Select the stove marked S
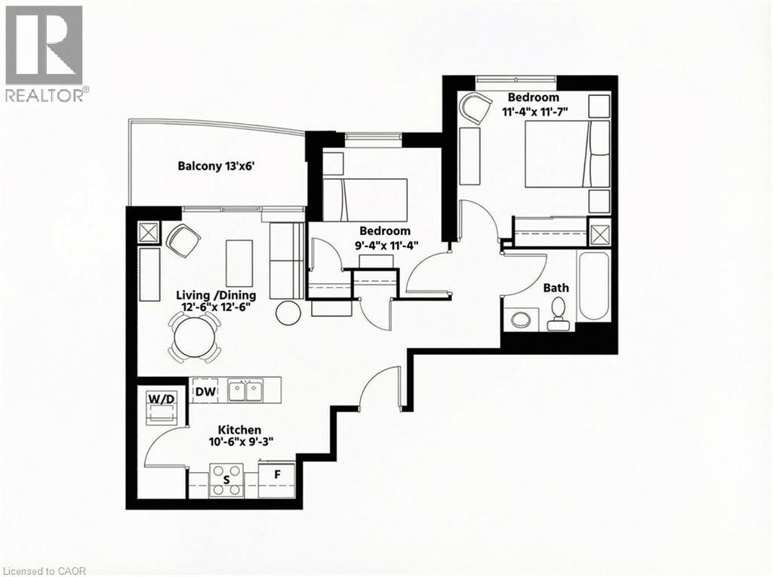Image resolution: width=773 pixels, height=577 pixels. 226,480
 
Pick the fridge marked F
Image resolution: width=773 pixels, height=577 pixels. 277,477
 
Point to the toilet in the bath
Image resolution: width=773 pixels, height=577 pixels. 559,313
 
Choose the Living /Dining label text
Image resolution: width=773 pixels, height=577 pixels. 217,295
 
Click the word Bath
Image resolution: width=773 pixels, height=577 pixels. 556,288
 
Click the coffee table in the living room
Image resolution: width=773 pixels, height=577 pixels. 239,262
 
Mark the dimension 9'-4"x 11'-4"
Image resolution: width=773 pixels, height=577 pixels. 384,245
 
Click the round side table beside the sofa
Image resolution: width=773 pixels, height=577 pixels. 288,312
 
